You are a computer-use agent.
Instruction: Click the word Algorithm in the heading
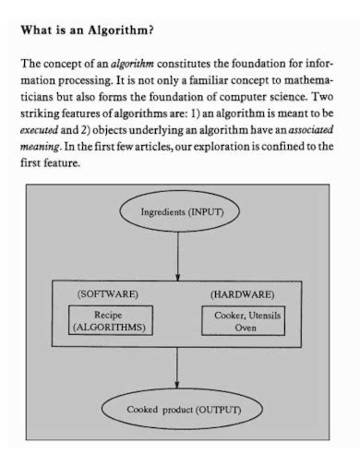(x=121, y=30)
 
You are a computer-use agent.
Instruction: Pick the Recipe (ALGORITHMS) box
(x=111, y=320)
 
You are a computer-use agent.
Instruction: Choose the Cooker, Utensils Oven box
(x=245, y=320)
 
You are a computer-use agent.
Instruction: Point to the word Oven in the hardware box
(x=245, y=327)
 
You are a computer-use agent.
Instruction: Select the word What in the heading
(x=35, y=30)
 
